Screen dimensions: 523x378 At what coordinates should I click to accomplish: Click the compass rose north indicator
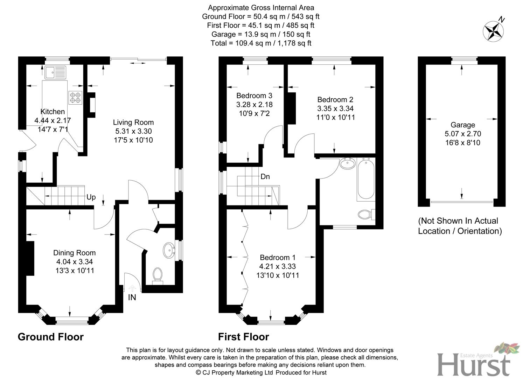tap(493, 31)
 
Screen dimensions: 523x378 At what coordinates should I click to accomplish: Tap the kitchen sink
tap(55, 72)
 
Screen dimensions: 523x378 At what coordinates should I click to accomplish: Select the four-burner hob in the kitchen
tap(75, 98)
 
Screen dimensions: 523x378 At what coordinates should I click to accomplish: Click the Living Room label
tap(133, 122)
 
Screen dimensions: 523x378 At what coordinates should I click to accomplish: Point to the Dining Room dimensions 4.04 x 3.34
tap(75, 261)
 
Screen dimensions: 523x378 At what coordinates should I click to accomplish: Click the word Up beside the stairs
tap(91, 197)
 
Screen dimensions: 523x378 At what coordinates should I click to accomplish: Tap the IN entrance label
tap(132, 297)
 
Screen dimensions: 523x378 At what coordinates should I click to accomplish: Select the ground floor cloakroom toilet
tap(158, 276)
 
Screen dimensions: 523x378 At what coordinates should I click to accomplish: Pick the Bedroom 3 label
tap(254, 96)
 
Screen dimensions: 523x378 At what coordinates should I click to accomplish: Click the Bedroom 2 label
tap(335, 100)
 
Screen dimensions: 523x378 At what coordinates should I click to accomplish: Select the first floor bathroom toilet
tap(366, 214)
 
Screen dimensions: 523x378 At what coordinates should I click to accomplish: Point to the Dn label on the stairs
tap(265, 176)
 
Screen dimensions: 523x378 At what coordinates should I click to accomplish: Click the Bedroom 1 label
tap(278, 258)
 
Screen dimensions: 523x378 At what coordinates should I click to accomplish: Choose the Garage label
tap(462, 125)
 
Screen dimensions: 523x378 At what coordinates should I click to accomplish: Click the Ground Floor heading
tap(51, 337)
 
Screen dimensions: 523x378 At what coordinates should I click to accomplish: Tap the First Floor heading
tap(244, 337)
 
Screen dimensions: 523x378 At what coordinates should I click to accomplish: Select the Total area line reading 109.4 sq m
tap(261, 43)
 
